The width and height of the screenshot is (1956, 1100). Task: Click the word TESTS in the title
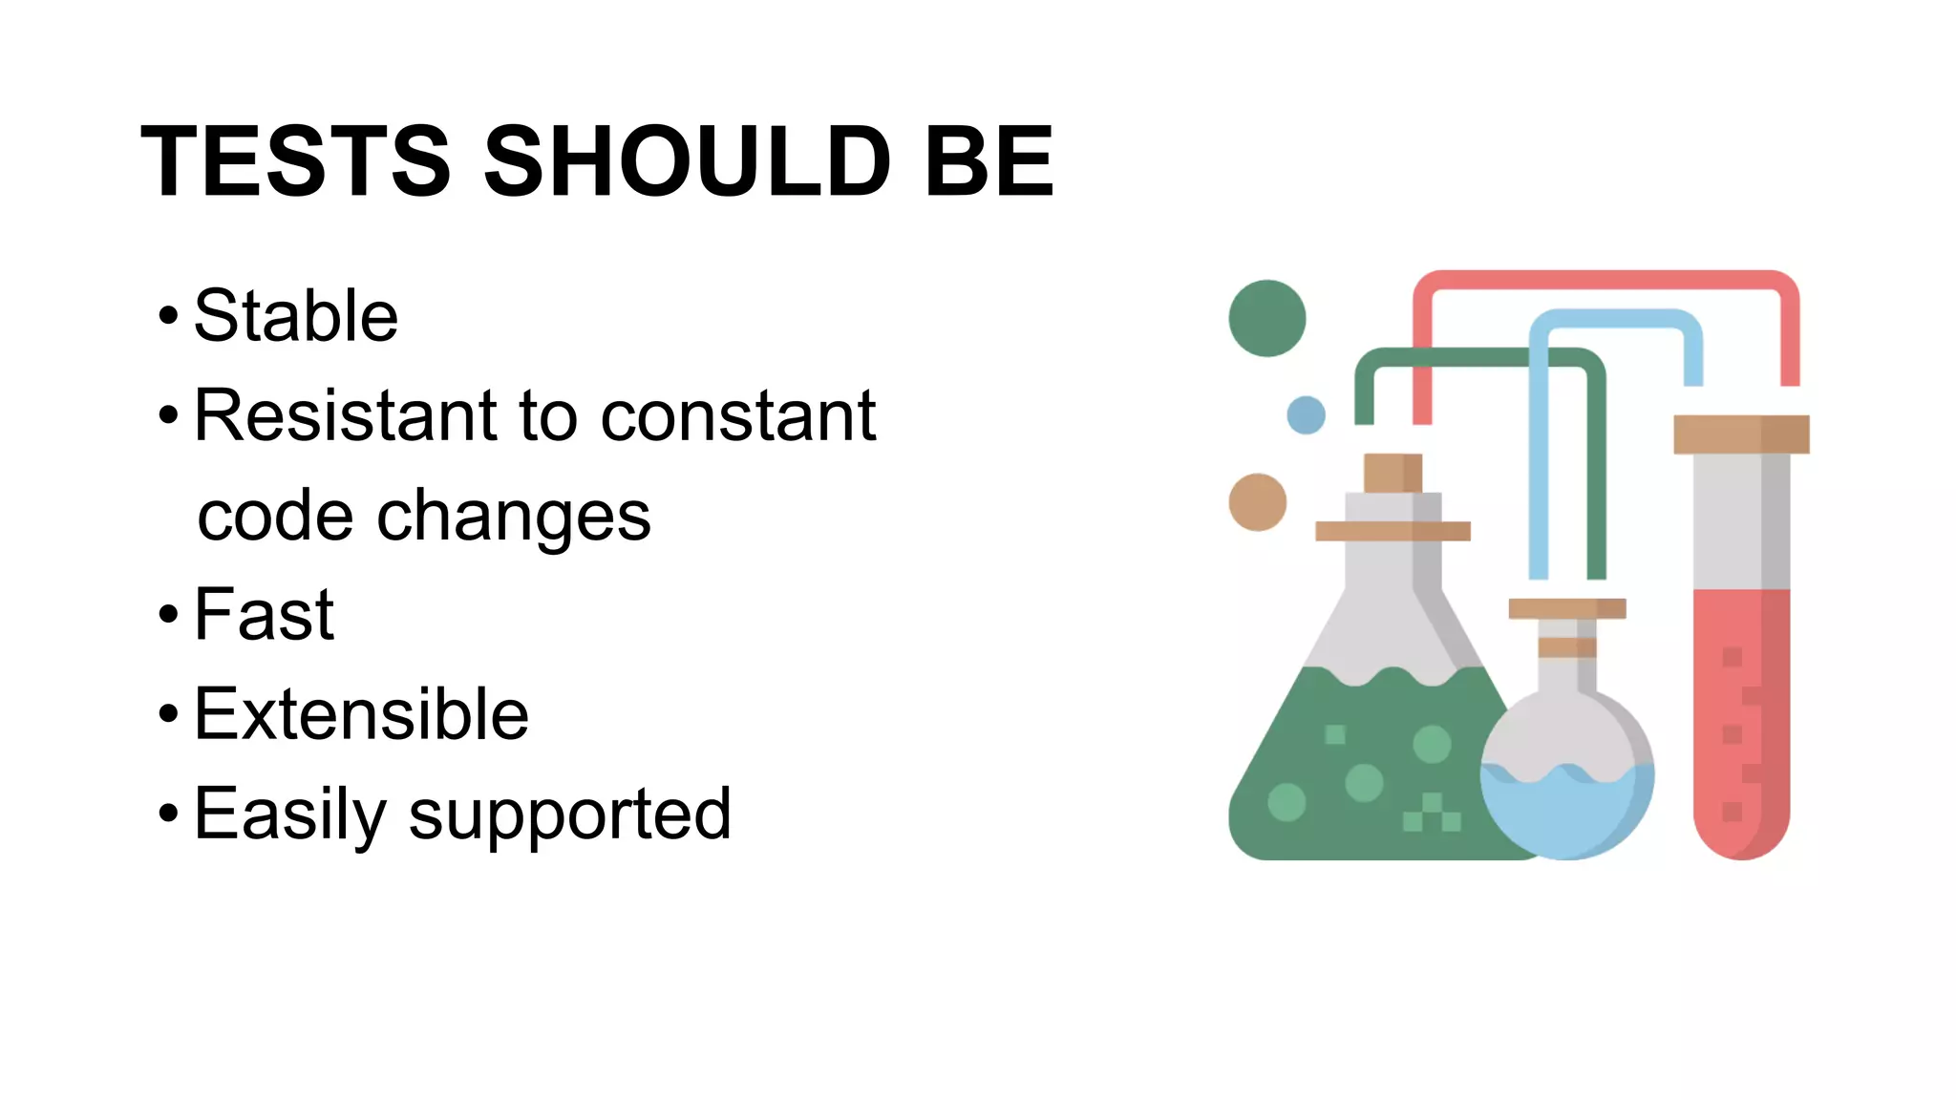pyautogui.click(x=295, y=162)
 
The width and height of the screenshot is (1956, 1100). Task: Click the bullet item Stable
pyautogui.click(x=296, y=316)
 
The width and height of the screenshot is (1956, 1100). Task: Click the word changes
pyautogui.click(x=514, y=517)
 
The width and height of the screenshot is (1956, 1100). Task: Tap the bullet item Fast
pyautogui.click(x=265, y=615)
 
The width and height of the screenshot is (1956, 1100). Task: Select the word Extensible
pyautogui.click(x=361, y=714)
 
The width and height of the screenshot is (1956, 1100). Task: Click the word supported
pyautogui.click(x=570, y=815)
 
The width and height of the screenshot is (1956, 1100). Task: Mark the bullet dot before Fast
pyautogui.click(x=169, y=615)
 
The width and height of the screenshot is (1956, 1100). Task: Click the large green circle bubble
pyautogui.click(x=1266, y=318)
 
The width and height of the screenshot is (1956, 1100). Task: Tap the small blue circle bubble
pyautogui.click(x=1306, y=415)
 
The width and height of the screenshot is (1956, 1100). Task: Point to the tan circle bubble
pyautogui.click(x=1257, y=502)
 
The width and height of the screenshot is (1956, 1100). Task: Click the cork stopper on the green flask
pyautogui.click(x=1393, y=473)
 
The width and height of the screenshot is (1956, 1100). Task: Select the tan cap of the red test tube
pyautogui.click(x=1741, y=434)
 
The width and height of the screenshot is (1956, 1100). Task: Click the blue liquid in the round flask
pyautogui.click(x=1566, y=812)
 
